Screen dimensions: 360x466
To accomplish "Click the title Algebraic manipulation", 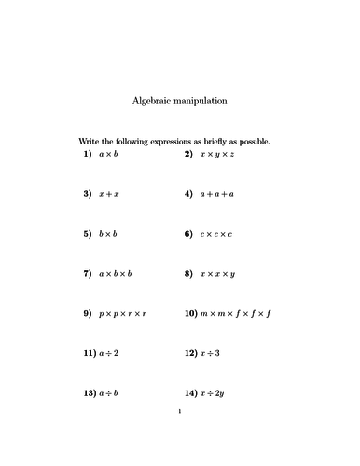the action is [180, 100].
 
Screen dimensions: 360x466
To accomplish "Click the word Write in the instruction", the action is [90, 142].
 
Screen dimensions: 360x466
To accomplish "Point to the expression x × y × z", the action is [216, 154].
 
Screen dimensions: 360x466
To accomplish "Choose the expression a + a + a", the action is [216, 194].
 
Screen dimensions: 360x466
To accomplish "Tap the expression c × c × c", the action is [215, 234].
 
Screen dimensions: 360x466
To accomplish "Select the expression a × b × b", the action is [115, 274].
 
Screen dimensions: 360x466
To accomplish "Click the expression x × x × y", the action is [216, 274].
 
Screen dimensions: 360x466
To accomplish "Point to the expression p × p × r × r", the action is [122, 314].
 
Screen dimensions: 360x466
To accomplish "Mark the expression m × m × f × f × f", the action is [234, 314].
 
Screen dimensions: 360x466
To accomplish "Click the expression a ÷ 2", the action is [109, 354].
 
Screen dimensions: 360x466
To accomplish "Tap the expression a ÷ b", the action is [109, 394].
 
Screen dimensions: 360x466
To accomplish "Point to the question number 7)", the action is [87, 274].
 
